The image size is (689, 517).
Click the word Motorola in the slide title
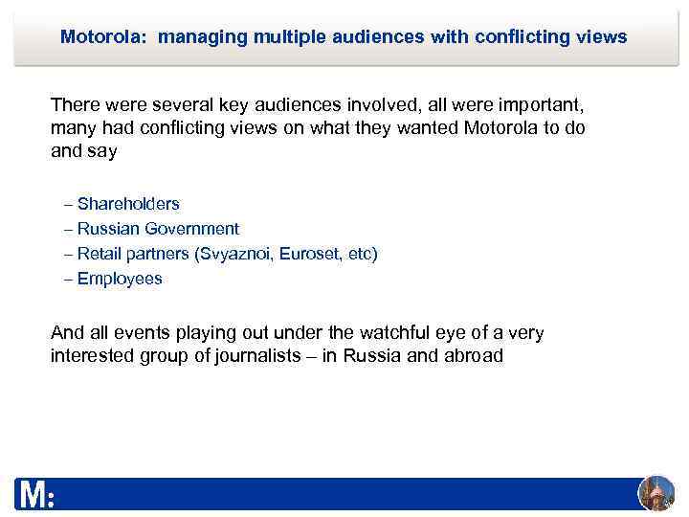[x=102, y=37]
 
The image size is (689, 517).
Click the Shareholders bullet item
[x=128, y=204]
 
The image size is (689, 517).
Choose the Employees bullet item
[x=120, y=279]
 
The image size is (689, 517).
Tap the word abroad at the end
[x=471, y=357]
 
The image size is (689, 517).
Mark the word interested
[x=95, y=357]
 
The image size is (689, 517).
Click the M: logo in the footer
[x=35, y=495]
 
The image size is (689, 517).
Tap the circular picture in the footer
[x=656, y=493]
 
